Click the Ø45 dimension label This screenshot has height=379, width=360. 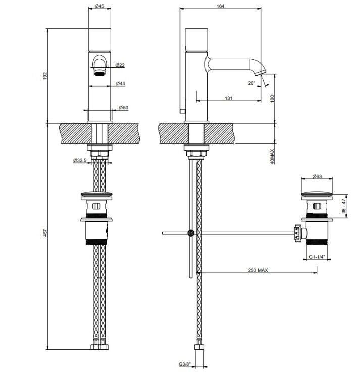pyautogui.click(x=99, y=6)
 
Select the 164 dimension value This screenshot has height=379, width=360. pyautogui.click(x=220, y=6)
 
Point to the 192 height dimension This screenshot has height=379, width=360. pyautogui.click(x=45, y=76)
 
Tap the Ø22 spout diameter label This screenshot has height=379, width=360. pyautogui.click(x=120, y=65)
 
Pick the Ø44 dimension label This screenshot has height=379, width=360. pyautogui.click(x=120, y=83)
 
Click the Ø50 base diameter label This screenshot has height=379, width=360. pyautogui.click(x=123, y=107)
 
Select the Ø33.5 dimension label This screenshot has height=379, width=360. pyautogui.click(x=80, y=160)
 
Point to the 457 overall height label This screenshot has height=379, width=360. pyautogui.click(x=45, y=232)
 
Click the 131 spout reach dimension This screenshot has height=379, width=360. pyautogui.click(x=228, y=98)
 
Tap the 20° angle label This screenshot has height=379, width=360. pyautogui.click(x=251, y=83)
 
